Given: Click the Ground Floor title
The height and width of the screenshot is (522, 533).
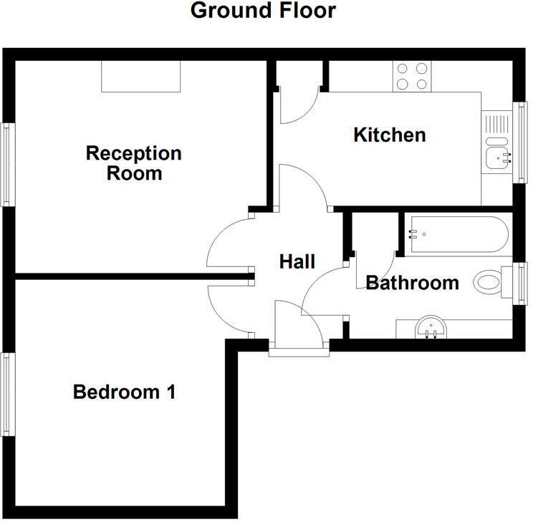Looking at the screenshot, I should click(x=263, y=11).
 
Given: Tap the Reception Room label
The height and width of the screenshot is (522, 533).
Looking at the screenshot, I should click(x=134, y=163).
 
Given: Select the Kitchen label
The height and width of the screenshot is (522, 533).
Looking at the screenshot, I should click(x=390, y=134).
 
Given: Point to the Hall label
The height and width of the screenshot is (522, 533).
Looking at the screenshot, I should click(x=297, y=262).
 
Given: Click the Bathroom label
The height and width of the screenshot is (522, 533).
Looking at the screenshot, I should click(x=412, y=283).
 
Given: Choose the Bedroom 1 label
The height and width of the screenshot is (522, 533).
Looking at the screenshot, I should click(x=125, y=392).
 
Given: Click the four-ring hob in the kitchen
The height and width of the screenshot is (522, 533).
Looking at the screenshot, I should click(x=412, y=76).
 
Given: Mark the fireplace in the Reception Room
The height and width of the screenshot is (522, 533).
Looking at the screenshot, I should click(x=140, y=77).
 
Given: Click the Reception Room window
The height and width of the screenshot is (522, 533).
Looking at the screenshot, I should click(x=7, y=165).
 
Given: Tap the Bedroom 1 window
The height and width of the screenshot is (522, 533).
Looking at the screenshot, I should click(x=7, y=394).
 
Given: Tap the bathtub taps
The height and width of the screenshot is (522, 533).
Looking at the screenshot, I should click(x=413, y=233).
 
